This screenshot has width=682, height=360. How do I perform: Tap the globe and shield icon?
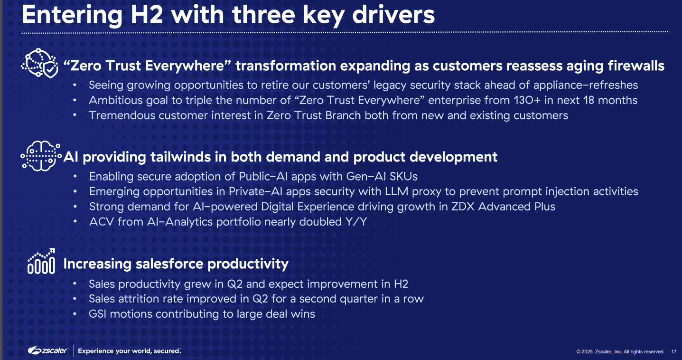39,63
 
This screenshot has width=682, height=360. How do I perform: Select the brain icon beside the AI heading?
41,156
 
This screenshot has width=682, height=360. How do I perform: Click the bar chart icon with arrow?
41,261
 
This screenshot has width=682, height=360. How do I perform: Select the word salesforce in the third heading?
169,264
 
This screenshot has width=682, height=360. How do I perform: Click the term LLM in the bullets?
396,191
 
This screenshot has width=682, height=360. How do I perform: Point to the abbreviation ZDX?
463,207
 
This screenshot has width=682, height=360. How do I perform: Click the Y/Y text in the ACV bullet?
356,222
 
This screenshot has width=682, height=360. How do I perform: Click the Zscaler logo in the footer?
48,351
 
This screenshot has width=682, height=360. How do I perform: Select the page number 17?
674,351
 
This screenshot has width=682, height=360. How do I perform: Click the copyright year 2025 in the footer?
587,351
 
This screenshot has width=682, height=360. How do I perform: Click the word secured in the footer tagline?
167,351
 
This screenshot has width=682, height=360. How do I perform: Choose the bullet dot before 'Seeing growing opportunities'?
75,85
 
